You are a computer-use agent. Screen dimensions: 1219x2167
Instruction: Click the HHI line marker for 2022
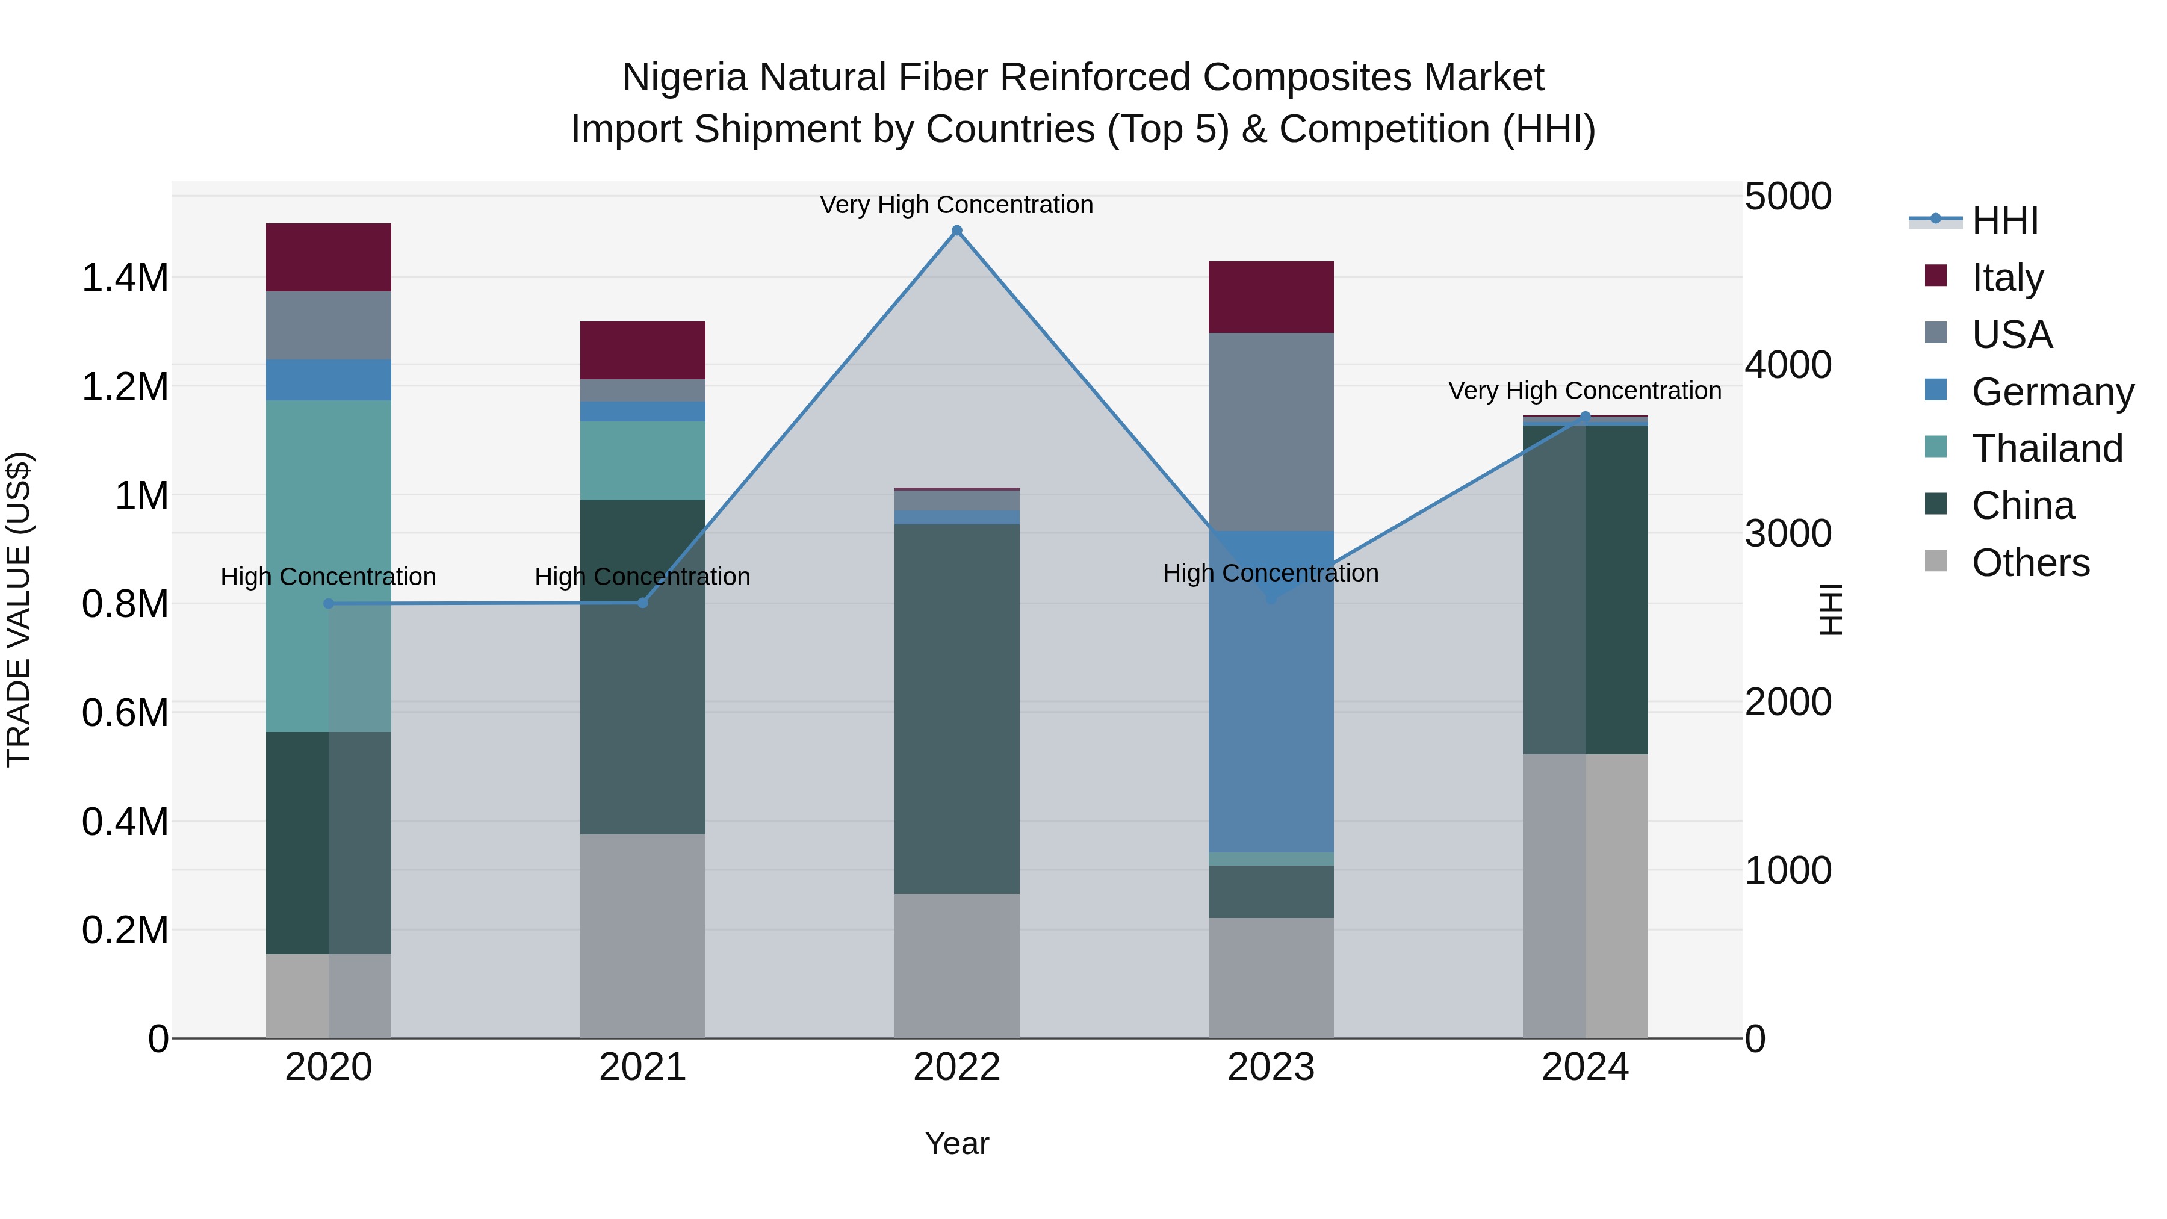pos(956,231)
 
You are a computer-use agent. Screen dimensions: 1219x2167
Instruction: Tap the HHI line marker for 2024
pos(1585,417)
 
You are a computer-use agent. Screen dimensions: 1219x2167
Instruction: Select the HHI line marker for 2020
pos(328,603)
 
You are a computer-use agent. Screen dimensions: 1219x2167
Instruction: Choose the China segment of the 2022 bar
pos(956,709)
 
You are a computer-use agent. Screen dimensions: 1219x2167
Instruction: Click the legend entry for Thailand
pos(2046,448)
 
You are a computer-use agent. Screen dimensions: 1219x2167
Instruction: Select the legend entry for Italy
pos(2006,278)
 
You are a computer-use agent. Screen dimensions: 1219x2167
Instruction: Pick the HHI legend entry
pos(2004,220)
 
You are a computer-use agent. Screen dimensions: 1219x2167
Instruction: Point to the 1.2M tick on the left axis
pos(125,387)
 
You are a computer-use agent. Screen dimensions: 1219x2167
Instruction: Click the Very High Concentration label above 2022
pos(956,205)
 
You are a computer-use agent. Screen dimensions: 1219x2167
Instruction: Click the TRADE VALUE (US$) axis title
pos(19,609)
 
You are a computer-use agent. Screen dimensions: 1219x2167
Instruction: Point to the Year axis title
pos(956,1143)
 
